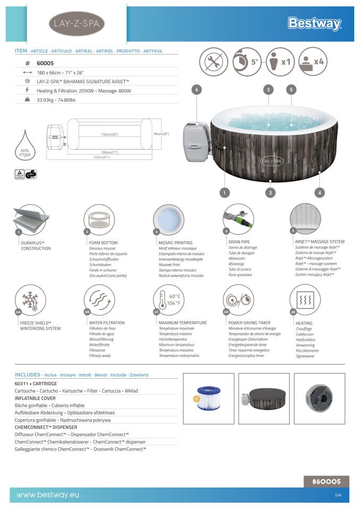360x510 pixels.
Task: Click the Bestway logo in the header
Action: click(x=314, y=23)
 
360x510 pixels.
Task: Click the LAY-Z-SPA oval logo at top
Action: click(x=76, y=23)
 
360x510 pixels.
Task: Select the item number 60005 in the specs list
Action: click(x=45, y=63)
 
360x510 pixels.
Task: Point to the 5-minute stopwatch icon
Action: click(x=247, y=62)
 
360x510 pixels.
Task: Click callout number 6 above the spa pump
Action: click(x=196, y=90)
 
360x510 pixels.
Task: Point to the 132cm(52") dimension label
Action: click(x=110, y=134)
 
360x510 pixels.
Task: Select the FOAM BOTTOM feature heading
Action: click(x=103, y=242)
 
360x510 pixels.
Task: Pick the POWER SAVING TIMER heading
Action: click(x=249, y=322)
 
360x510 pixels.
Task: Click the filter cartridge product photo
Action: click(x=208, y=398)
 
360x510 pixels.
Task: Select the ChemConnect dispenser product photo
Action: click(x=319, y=398)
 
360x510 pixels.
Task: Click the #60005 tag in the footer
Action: click(x=326, y=481)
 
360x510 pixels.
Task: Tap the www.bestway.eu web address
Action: click(x=48, y=495)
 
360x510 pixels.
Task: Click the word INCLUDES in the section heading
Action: click(x=28, y=375)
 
